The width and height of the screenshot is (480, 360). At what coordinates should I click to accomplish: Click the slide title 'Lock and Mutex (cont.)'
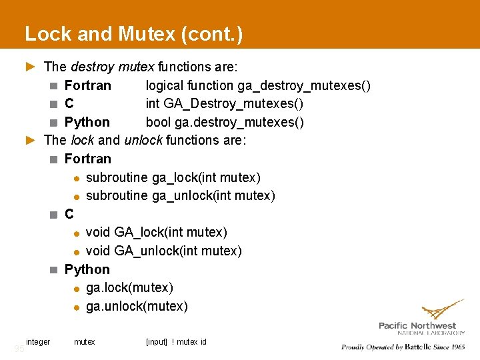click(133, 34)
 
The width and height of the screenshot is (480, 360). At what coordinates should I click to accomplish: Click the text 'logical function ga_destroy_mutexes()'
click(258, 85)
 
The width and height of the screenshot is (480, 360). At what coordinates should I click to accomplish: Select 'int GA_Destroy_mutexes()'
click(225, 104)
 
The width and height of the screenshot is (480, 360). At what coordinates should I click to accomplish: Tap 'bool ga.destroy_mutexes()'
click(225, 122)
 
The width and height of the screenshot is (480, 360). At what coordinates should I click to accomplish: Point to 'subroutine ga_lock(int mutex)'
click(173, 177)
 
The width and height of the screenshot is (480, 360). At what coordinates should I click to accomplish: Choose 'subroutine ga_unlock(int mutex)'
click(181, 195)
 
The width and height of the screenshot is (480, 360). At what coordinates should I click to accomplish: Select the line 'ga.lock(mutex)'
click(129, 287)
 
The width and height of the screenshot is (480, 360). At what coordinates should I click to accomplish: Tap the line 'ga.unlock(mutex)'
click(137, 306)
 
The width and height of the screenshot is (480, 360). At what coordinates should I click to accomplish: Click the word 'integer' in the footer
click(38, 342)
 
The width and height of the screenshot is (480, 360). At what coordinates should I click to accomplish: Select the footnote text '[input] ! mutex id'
click(176, 342)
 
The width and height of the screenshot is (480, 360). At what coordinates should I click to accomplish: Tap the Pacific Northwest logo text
click(417, 325)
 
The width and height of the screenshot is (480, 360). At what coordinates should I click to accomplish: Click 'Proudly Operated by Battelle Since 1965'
click(403, 347)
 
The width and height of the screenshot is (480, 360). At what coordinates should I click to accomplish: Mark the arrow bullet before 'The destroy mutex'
click(29, 67)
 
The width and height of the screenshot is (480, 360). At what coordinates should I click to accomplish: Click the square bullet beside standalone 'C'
click(53, 215)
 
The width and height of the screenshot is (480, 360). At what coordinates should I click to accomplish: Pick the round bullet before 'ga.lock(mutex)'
click(77, 288)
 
